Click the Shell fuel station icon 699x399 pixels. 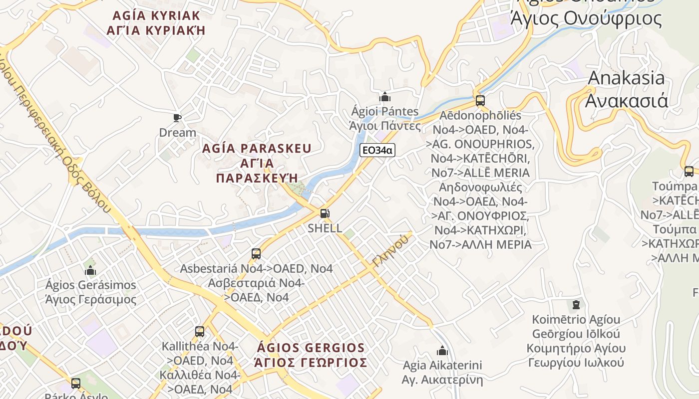(325, 214)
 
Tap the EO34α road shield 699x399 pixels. (377, 150)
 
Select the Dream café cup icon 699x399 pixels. (177, 118)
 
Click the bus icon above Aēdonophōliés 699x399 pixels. (480, 100)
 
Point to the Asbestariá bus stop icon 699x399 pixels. (256, 254)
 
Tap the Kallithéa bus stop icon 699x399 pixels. (200, 331)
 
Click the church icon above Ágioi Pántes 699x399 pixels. (385, 96)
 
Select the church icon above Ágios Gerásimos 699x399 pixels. (90, 270)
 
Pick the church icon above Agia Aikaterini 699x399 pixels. (442, 351)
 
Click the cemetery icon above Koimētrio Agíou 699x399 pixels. (576, 304)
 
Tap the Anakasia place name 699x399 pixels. (627, 78)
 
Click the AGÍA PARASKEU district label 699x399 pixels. (257, 149)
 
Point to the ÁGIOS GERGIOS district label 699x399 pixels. (311, 348)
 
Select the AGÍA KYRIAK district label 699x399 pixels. (156, 15)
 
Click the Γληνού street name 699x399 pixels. (390, 250)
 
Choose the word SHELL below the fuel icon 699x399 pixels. (325, 228)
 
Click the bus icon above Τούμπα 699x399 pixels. (689, 172)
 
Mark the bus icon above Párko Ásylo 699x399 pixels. (76, 383)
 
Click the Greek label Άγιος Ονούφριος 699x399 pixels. (586, 19)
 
